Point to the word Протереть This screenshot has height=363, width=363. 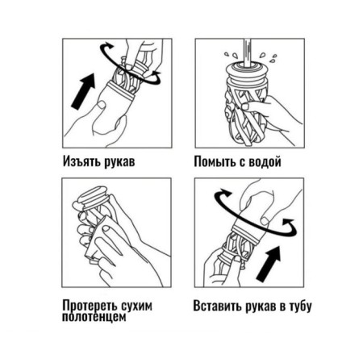(x=90, y=307)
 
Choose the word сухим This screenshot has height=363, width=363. (x=136, y=307)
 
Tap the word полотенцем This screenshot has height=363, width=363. (x=94, y=316)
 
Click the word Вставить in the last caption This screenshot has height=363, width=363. (x=218, y=306)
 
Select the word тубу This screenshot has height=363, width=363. (x=300, y=307)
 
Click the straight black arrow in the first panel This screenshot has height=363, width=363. (x=83, y=91)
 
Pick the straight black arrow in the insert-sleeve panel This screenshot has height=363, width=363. (x=268, y=264)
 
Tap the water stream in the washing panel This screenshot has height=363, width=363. (x=247, y=52)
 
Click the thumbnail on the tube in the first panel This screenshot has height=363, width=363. (x=102, y=105)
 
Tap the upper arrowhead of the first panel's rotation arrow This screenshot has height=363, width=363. (x=109, y=45)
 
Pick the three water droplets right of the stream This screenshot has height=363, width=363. (x=269, y=57)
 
